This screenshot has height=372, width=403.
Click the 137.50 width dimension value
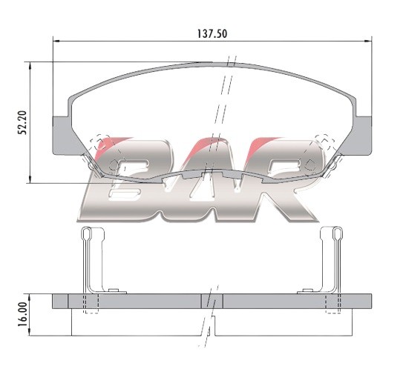(x=212, y=34)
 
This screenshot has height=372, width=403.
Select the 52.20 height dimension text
(x=22, y=122)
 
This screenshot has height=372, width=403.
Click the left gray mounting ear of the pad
(x=61, y=136)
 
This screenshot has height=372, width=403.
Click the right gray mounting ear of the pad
(x=364, y=136)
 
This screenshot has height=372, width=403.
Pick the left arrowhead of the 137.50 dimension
(x=56, y=41)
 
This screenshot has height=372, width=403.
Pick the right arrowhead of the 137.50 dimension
(x=369, y=41)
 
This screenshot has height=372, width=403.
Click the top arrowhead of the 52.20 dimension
(x=30, y=65)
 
